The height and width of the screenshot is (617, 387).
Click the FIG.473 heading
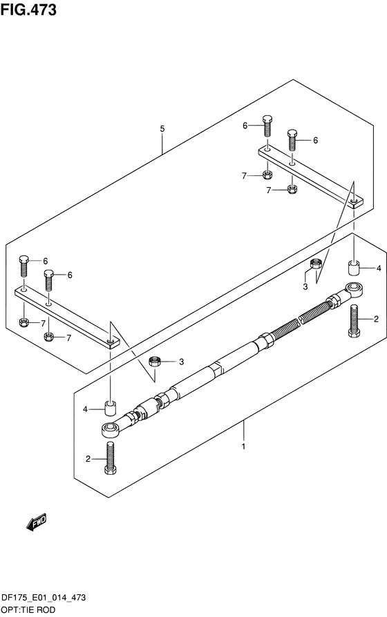pos(28,9)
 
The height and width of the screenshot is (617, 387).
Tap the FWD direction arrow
pos(37,523)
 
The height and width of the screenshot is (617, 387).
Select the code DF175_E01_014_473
pos(44,598)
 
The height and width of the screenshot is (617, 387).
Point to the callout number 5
pos(162,128)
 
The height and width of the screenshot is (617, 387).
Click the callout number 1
pos(244,447)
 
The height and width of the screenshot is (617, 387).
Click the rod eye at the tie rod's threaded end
pos(355,289)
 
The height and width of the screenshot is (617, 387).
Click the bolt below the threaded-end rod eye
pos(354,321)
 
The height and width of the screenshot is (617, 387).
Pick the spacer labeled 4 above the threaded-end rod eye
pos(354,268)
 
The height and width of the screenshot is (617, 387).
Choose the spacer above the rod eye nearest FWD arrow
pos(111,408)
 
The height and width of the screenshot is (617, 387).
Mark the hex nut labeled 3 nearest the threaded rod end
pos(316,264)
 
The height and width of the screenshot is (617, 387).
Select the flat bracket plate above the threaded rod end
pos(310,176)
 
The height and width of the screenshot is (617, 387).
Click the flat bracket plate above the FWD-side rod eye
pos(67,317)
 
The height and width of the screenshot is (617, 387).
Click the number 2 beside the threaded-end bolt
pos(376,319)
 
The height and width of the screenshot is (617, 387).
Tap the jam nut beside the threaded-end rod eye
pos(335,300)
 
